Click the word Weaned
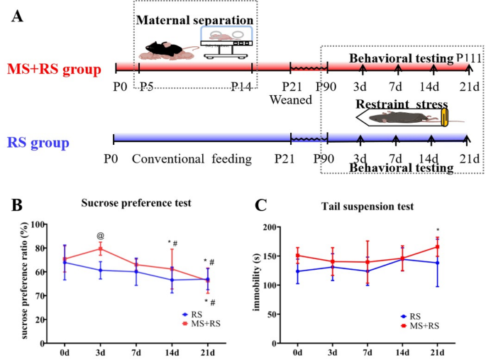click(290, 99)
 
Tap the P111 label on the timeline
click(469, 58)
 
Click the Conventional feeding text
click(192, 158)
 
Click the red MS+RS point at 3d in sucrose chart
click(101, 249)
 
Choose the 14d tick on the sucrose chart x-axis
click(172, 351)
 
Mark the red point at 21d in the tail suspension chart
click(438, 247)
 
